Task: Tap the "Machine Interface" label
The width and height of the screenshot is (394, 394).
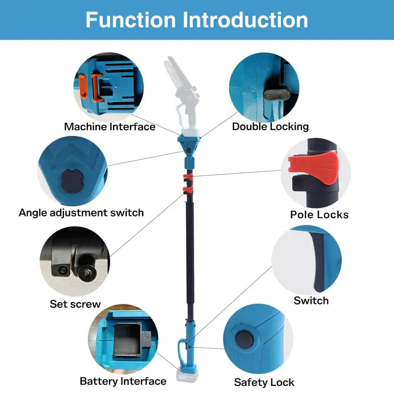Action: click(x=110, y=127)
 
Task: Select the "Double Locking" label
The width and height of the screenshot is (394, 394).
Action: click(x=270, y=126)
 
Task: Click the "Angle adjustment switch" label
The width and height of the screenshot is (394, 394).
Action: click(x=81, y=212)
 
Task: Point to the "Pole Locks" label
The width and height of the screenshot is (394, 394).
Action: click(x=319, y=215)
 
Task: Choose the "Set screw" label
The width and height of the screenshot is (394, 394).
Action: click(x=75, y=304)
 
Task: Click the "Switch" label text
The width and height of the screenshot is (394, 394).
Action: click(x=311, y=300)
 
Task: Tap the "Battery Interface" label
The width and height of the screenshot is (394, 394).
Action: click(x=123, y=381)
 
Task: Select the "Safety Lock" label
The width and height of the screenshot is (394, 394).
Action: click(x=264, y=382)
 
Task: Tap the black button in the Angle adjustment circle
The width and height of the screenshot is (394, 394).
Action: click(x=71, y=182)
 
